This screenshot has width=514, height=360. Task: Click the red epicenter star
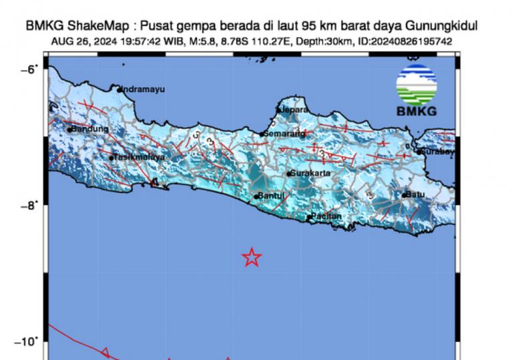[x=251, y=257]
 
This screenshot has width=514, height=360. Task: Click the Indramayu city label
[x=143, y=89]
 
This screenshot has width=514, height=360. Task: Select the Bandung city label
[x=90, y=129]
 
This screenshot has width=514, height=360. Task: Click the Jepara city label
[x=294, y=109]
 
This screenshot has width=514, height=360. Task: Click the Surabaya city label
[x=438, y=152]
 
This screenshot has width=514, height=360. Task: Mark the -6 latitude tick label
[x=33, y=69]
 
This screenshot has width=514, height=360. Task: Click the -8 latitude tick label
[x=33, y=205]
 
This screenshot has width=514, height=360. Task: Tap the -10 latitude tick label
[x=30, y=341]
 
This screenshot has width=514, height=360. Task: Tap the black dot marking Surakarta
[x=288, y=174]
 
